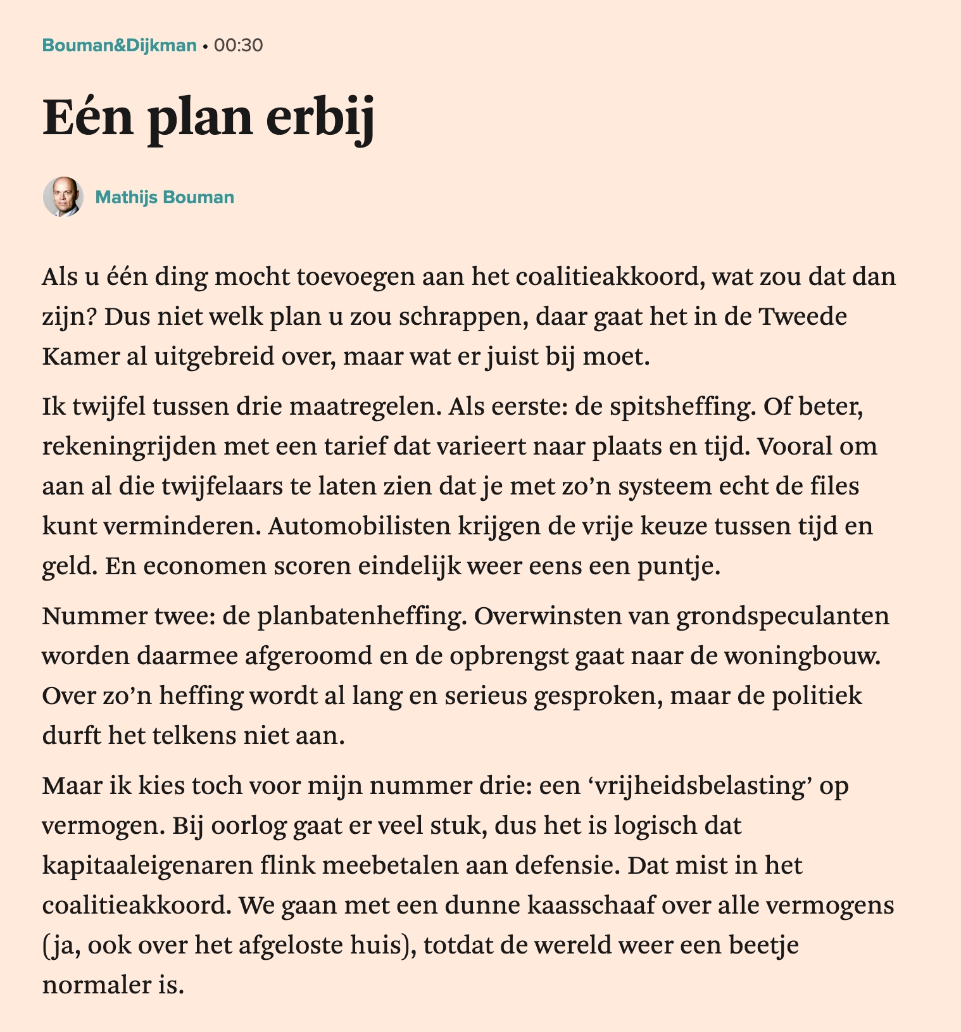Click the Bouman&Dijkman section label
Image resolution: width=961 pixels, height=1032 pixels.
click(119, 46)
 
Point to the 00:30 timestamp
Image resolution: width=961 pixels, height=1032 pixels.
click(238, 46)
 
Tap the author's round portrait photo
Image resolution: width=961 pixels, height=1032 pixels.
click(63, 197)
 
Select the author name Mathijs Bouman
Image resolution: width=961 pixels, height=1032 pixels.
click(165, 198)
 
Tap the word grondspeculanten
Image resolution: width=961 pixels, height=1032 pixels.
click(782, 616)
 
